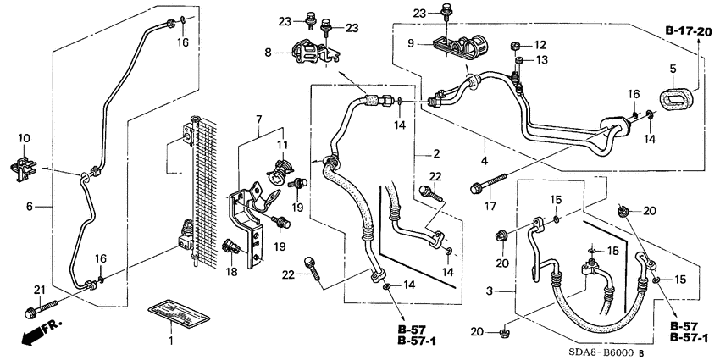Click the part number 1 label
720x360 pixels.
[170, 340]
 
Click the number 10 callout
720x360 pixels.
[24, 137]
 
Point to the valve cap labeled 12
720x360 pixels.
[515, 44]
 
